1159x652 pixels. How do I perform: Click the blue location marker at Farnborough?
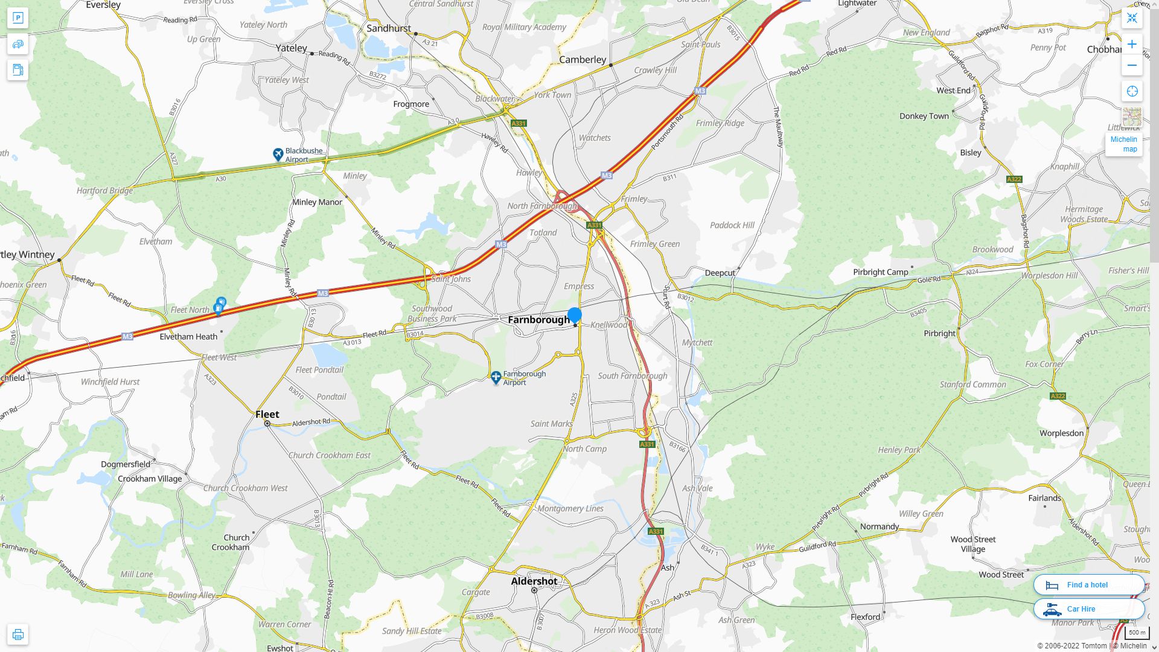click(x=575, y=315)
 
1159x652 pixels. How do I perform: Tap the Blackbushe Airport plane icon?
click(x=278, y=155)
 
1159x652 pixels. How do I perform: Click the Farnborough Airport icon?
click(x=496, y=378)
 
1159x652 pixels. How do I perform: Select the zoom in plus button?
click(x=1132, y=44)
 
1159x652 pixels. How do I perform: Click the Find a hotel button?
click(x=1088, y=584)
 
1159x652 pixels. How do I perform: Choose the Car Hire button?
click(x=1088, y=609)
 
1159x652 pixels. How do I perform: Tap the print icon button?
click(x=18, y=634)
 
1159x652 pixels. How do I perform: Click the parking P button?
click(x=18, y=18)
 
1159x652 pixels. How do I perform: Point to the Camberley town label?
click(x=583, y=60)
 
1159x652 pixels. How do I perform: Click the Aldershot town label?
click(x=534, y=581)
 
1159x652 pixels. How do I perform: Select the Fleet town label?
click(x=267, y=414)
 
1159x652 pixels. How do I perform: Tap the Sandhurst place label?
click(x=389, y=28)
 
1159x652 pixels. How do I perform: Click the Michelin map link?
click(x=1123, y=144)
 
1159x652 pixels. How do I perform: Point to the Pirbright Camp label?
click(x=880, y=272)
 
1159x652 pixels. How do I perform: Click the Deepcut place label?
click(x=720, y=273)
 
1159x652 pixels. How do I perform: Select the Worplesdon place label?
click(x=1061, y=433)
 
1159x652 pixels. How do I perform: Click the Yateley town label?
click(x=291, y=48)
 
